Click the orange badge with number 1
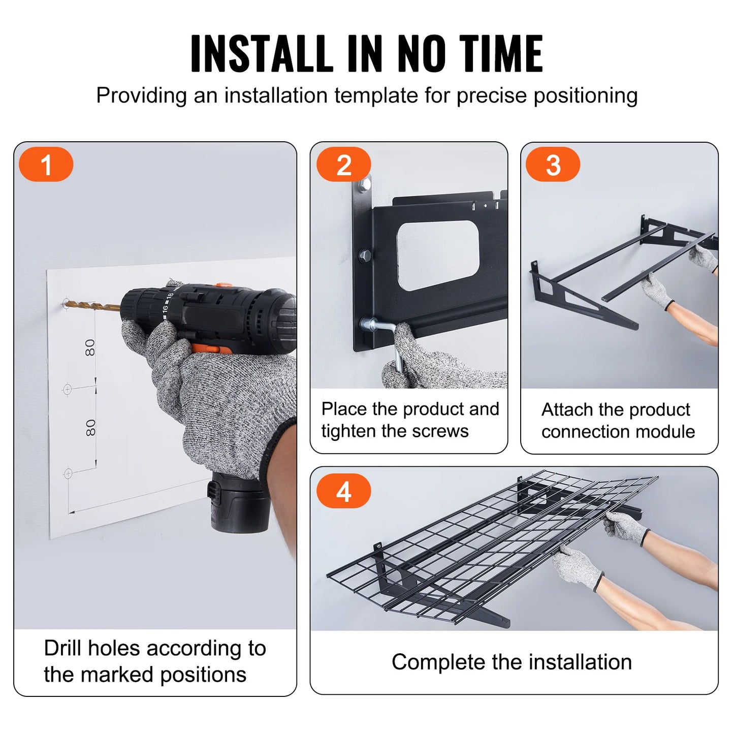coord(46,165)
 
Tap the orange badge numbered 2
coord(343,165)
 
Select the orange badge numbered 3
coord(553,165)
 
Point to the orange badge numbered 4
coord(343,491)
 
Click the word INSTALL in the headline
coord(262,53)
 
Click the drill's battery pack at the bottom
coord(238,503)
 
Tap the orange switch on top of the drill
coord(222,286)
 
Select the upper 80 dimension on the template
coord(90,347)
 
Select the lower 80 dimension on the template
coord(90,427)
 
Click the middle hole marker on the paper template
coord(67,390)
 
